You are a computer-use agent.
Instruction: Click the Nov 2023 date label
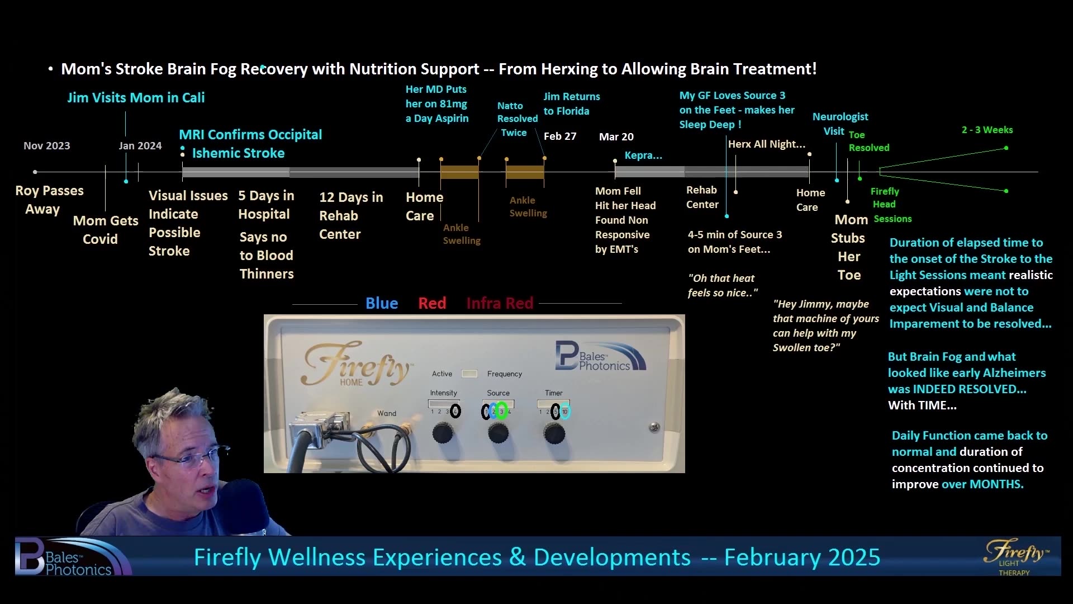click(47, 146)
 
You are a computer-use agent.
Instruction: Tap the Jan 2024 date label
click(140, 146)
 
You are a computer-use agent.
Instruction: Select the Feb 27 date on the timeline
click(559, 136)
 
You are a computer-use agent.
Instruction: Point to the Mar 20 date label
click(616, 137)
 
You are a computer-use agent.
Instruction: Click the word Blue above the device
click(382, 303)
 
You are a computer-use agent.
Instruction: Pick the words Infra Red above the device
click(500, 303)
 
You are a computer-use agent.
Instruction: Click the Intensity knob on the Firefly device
click(443, 433)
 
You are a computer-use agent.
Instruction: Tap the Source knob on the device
click(498, 433)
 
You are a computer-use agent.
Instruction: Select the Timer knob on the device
click(554, 433)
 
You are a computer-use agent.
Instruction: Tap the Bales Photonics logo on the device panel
click(599, 357)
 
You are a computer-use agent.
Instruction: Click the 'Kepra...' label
click(643, 156)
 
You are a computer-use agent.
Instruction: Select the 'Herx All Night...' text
click(766, 144)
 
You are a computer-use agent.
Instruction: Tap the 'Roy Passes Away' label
click(49, 200)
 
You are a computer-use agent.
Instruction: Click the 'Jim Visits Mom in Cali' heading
click(136, 98)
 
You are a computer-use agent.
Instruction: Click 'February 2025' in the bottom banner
click(802, 558)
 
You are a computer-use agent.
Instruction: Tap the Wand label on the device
click(387, 414)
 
